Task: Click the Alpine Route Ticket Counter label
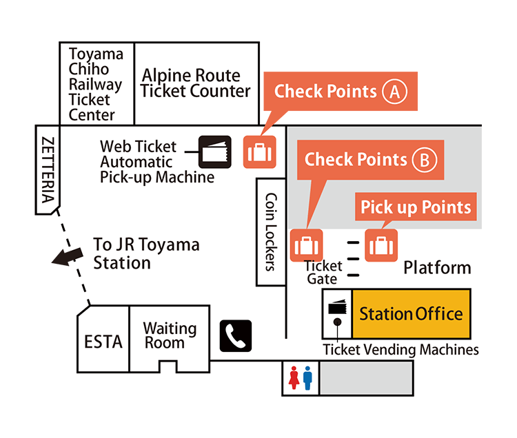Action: [196, 83]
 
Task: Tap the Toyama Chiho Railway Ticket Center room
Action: [96, 83]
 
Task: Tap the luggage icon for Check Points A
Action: [259, 152]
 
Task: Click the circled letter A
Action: [395, 92]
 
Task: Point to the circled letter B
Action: [424, 160]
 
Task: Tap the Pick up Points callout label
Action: [416, 207]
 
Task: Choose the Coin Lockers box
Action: [270, 231]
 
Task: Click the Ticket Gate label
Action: [323, 272]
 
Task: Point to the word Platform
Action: [437, 268]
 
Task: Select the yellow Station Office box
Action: [411, 314]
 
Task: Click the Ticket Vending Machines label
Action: [401, 350]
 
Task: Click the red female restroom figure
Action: [294, 378]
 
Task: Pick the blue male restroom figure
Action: [307, 378]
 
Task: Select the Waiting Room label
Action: [170, 335]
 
